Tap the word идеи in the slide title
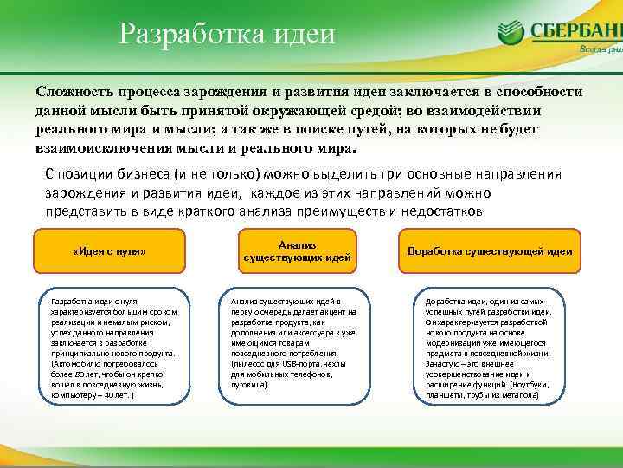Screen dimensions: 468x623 click(304, 34)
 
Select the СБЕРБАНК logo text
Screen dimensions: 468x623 click(576, 30)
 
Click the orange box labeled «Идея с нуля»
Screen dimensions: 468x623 click(109, 251)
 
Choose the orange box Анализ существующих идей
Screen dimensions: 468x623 click(297, 251)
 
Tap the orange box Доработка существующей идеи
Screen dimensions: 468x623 click(489, 251)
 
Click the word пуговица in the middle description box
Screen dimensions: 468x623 click(250, 385)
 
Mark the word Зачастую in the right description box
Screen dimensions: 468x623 click(442, 364)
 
